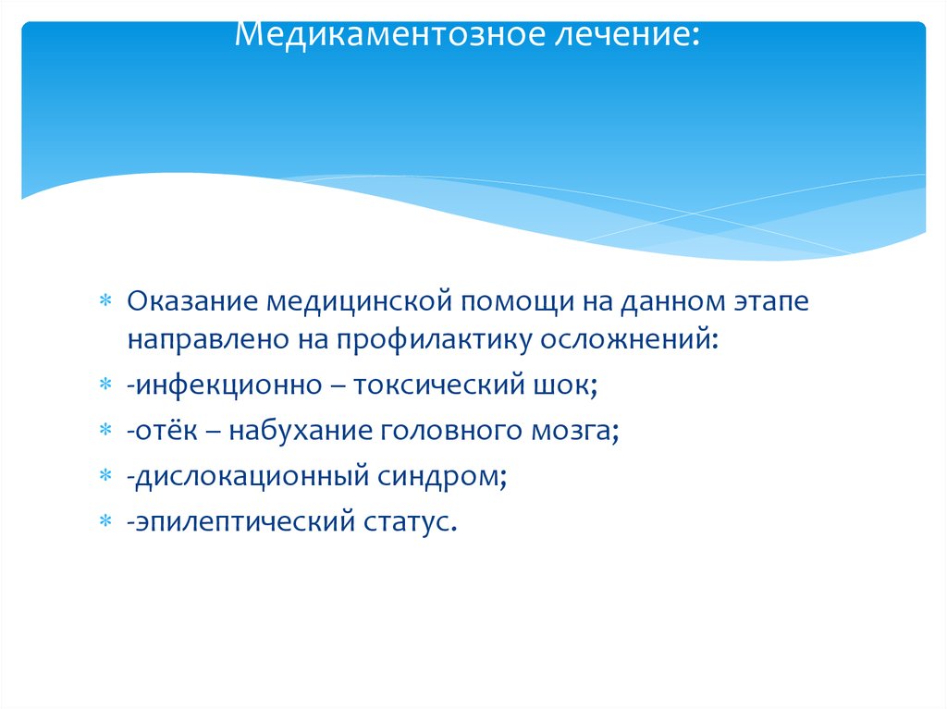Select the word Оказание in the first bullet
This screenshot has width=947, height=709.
click(191, 301)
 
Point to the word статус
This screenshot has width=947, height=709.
click(408, 522)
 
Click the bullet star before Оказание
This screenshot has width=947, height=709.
click(105, 302)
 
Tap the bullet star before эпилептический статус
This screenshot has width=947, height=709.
click(105, 523)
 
